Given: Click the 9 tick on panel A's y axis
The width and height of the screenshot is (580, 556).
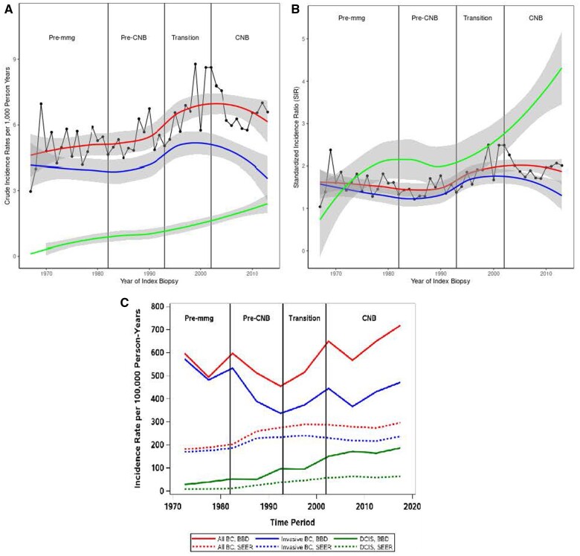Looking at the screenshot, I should (x=16, y=59).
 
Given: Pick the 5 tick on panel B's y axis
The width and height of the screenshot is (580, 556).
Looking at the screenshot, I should (x=304, y=39).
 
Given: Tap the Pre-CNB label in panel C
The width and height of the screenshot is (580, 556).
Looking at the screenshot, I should (x=257, y=318).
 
